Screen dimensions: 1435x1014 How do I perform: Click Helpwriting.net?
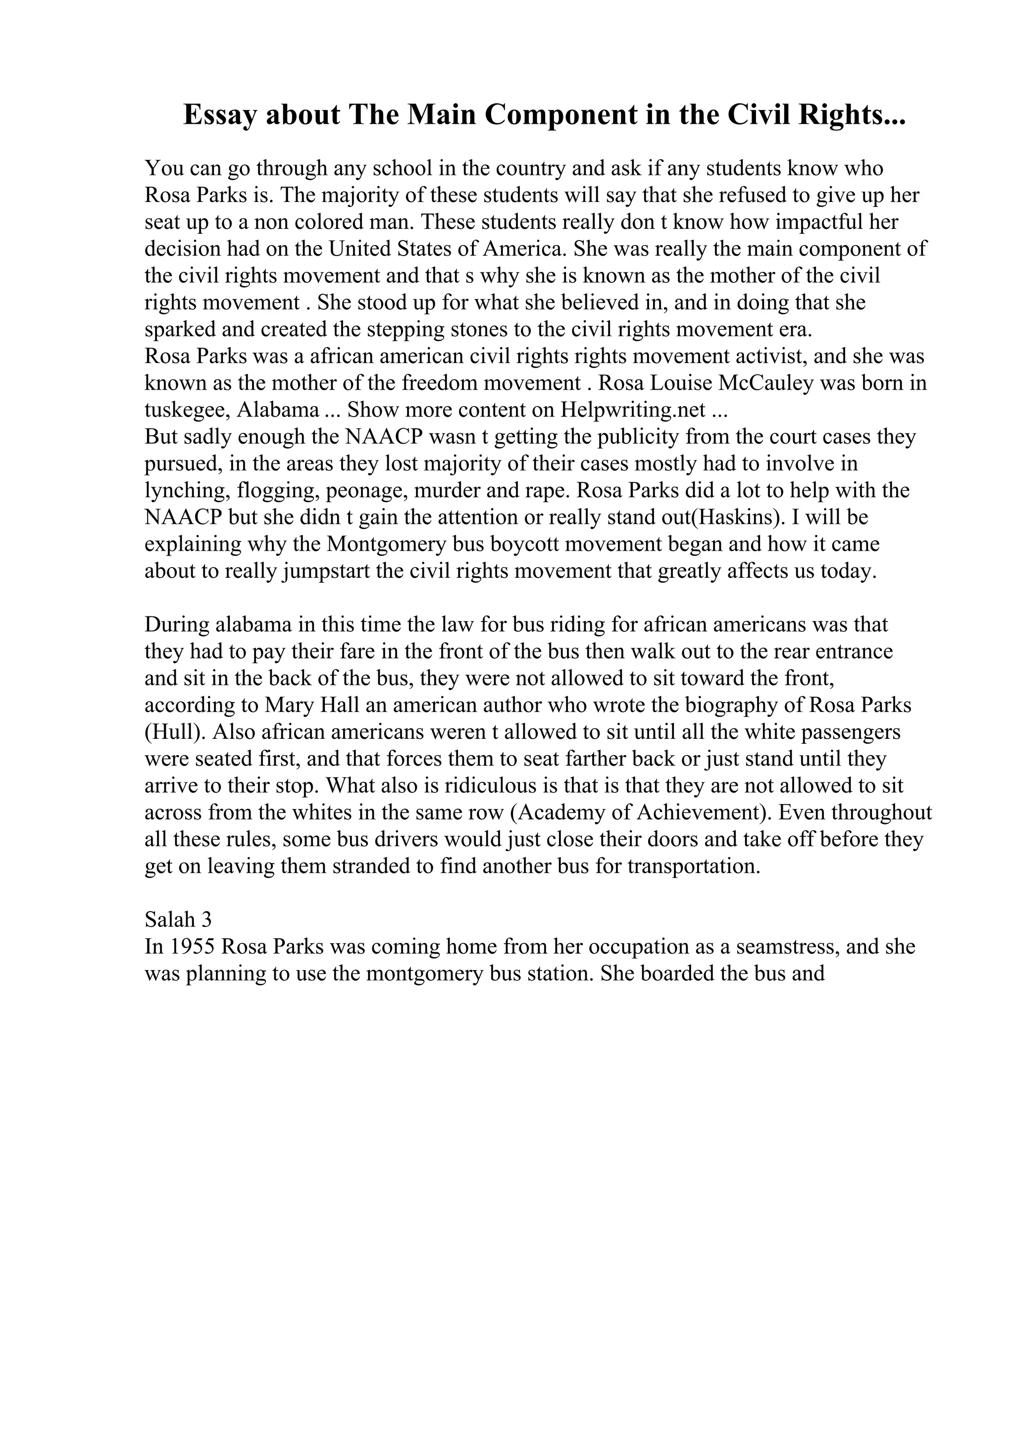[633, 410]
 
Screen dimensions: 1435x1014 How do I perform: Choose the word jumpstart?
[325, 571]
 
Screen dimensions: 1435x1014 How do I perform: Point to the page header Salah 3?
[178, 920]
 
